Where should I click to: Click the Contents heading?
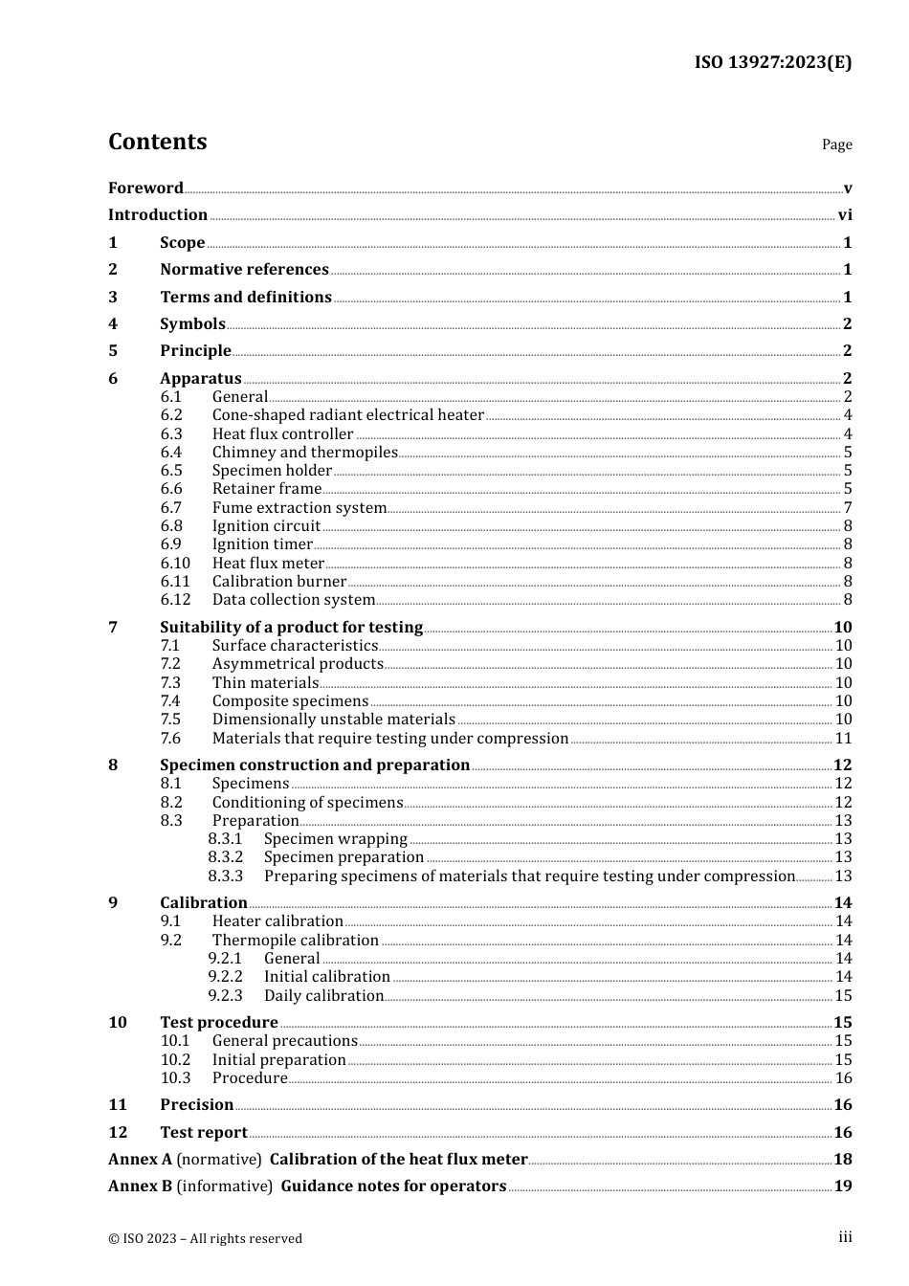157,142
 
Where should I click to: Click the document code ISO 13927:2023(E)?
772,62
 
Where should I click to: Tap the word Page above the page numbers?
836,144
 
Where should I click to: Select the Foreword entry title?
145,188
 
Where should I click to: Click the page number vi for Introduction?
845,215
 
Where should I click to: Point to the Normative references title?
244,270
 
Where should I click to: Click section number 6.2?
171,415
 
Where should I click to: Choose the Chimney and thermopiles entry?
304,453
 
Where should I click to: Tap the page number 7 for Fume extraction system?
848,508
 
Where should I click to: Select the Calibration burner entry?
278,582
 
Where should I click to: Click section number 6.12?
175,600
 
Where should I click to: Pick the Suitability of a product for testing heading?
291,628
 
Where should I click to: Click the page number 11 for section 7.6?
843,739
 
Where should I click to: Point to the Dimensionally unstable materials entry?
333,720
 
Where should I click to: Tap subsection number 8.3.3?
226,876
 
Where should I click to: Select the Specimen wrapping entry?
335,839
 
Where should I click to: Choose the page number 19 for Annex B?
843,1186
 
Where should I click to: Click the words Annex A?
140,1160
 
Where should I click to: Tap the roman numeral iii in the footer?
845,1237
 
